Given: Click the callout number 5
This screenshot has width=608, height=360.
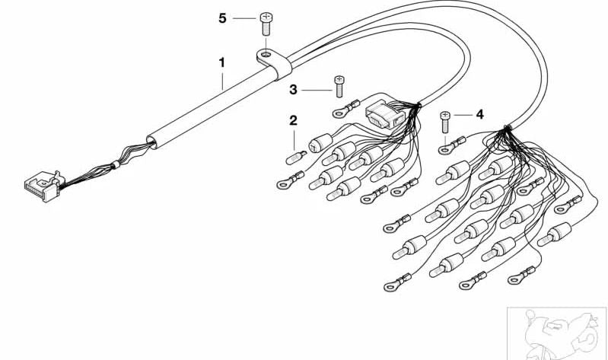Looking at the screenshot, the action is pos(222,18).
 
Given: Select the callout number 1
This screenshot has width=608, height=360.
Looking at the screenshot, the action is pos(221,62).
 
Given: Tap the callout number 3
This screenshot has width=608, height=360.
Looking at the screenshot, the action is pos(293,90).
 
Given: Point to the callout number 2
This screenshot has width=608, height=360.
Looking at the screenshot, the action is pos(293,120).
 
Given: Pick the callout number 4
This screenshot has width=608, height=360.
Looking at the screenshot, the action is pos(480,114).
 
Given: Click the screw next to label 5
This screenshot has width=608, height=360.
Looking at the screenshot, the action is pos(266,24).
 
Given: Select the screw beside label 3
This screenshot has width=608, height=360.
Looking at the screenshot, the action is pos(339,86).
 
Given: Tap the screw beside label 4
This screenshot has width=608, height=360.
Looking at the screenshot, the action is pos(445,122).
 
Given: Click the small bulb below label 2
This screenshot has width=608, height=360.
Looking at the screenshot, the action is pos(296,158).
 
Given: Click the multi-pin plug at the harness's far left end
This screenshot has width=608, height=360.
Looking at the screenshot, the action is pos(43,186).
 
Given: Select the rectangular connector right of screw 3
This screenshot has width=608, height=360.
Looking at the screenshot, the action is pos(384,115).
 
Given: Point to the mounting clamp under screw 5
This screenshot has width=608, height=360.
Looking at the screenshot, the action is pos(274,62).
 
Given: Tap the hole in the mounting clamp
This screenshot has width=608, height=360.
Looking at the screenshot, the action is pos(266,53).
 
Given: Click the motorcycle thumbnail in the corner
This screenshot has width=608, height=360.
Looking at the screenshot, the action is pos(557,333).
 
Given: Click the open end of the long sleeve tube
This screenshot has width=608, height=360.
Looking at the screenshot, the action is pos(152,142).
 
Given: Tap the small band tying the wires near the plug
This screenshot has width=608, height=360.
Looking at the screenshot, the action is pos(115,165).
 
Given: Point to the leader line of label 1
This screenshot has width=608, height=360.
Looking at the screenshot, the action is pos(222,80).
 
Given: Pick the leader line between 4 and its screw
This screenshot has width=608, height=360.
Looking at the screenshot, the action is pos(463,115).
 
